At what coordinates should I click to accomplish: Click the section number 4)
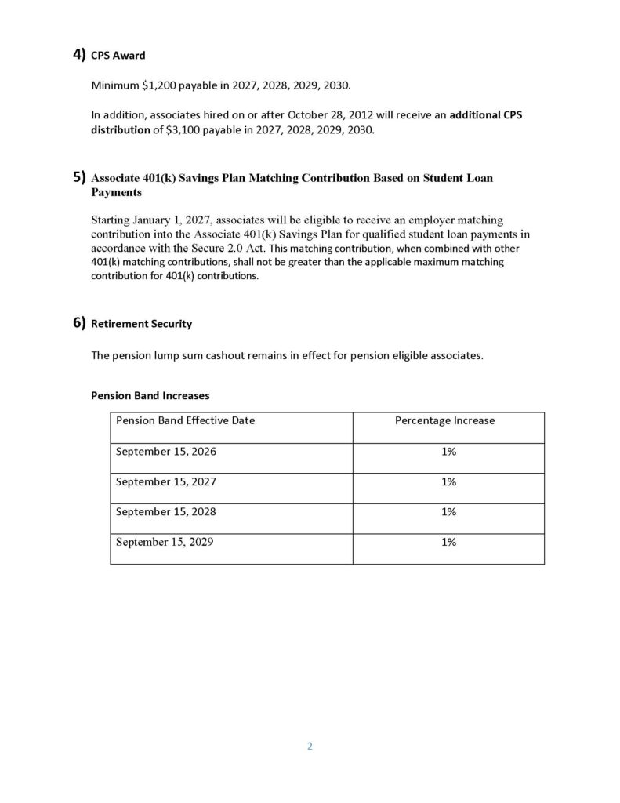tap(79, 55)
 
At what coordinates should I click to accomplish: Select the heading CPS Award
tap(118, 56)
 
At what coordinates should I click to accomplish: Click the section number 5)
tap(79, 178)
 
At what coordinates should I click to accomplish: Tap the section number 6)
tap(79, 322)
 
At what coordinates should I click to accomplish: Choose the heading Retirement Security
tap(141, 323)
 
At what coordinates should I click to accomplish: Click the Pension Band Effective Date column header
tap(185, 420)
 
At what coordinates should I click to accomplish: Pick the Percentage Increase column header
tap(444, 420)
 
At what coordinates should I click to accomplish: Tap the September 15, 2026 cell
tap(166, 452)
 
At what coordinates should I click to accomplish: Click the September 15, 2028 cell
tap(166, 511)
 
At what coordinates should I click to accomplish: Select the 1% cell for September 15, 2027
tap(448, 481)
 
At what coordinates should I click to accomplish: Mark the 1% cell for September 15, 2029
tap(448, 541)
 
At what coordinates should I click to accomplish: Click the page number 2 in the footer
tap(310, 746)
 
